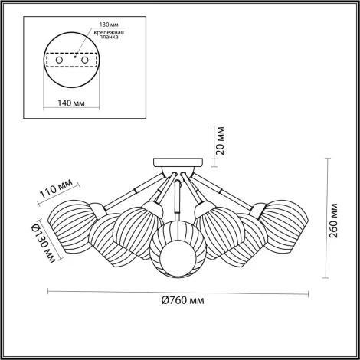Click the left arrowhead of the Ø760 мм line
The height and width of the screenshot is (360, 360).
(50, 290)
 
